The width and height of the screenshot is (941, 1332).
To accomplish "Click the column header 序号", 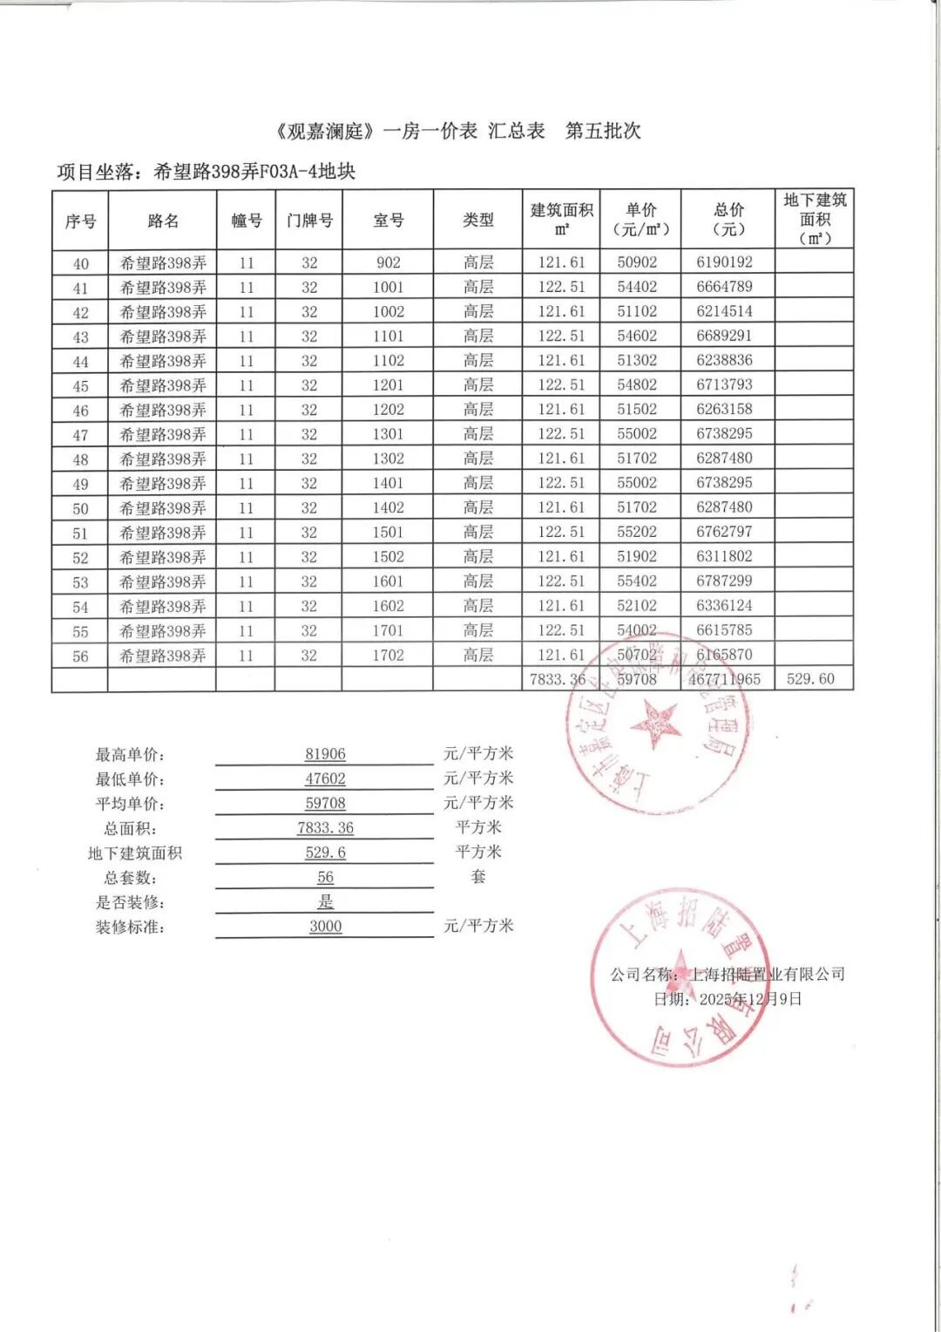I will click(80, 221).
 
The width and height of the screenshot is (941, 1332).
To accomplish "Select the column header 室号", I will click(388, 221).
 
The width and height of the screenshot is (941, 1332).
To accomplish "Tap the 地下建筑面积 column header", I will click(815, 219).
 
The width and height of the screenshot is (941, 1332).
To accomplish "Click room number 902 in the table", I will click(388, 262).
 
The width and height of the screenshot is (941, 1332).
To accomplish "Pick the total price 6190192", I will click(724, 262).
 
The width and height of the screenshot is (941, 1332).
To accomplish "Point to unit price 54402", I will click(637, 287).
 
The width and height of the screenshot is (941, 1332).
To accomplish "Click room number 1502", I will click(388, 556).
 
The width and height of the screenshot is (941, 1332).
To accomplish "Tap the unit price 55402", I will click(637, 581).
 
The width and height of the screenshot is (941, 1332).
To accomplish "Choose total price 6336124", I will click(724, 605).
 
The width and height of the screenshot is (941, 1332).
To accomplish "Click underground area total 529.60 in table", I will click(810, 678).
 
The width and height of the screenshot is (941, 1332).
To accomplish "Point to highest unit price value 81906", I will click(325, 754).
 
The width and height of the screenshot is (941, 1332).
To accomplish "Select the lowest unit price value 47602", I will click(325, 778).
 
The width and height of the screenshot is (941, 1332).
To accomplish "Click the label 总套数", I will click(130, 878).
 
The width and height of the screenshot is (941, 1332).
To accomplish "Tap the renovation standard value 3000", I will click(325, 926).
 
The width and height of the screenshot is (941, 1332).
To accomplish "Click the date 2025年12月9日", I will click(750, 999).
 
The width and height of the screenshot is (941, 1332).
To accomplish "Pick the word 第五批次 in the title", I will click(603, 131).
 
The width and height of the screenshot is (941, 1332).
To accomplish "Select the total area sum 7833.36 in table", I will click(558, 679).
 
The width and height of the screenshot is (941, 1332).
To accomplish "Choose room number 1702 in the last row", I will click(388, 655).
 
